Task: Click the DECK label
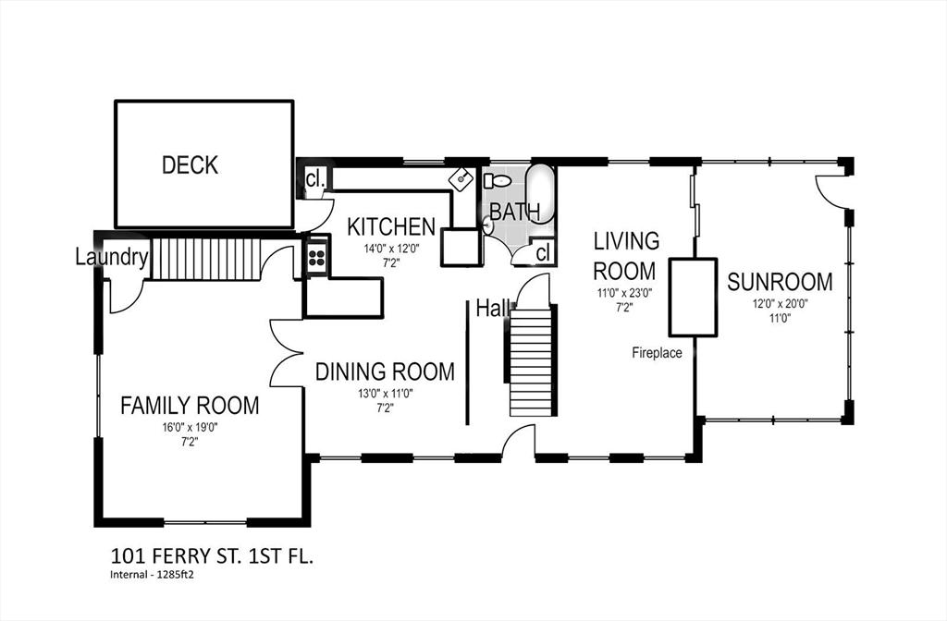[190, 164]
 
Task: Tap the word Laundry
[112, 258]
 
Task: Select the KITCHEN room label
[391, 227]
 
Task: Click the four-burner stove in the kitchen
[317, 258]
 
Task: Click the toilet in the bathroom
[497, 180]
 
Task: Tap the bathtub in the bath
[540, 193]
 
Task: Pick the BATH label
[514, 213]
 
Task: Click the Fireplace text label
[658, 353]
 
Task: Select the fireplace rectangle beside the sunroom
[693, 297]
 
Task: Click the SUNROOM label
[780, 282]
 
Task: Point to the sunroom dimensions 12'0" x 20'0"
[781, 304]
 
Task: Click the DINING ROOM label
[385, 371]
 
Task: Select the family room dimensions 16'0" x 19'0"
[190, 428]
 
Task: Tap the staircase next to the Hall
[531, 360]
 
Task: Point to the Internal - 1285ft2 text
[155, 575]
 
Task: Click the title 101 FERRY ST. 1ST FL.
[212, 555]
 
